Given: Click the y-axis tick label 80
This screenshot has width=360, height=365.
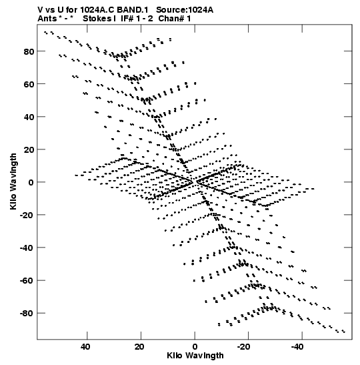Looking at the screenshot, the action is pyautogui.click(x=29, y=51).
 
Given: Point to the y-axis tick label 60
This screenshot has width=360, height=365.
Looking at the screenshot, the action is pyautogui.click(x=29, y=84).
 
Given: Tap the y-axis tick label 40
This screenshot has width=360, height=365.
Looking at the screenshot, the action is pyautogui.click(x=29, y=117).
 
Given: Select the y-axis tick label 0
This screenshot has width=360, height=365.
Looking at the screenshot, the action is pyautogui.click(x=31, y=182).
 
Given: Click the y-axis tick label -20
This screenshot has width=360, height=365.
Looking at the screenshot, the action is pyautogui.click(x=27, y=215).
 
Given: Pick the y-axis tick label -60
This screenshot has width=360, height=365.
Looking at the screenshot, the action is pyautogui.click(x=27, y=281).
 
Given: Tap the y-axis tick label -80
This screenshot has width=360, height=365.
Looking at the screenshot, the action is pyautogui.click(x=27, y=314).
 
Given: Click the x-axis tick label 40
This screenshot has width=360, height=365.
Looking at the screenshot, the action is pyautogui.click(x=85, y=347).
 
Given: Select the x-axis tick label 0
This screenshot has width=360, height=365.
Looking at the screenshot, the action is pyautogui.click(x=195, y=347).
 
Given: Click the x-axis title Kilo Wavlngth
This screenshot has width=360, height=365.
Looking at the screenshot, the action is pyautogui.click(x=195, y=356).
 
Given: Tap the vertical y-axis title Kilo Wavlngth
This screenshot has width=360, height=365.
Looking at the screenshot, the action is pyautogui.click(x=13, y=181).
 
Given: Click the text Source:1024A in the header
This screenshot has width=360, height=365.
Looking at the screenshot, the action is pyautogui.click(x=185, y=10).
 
